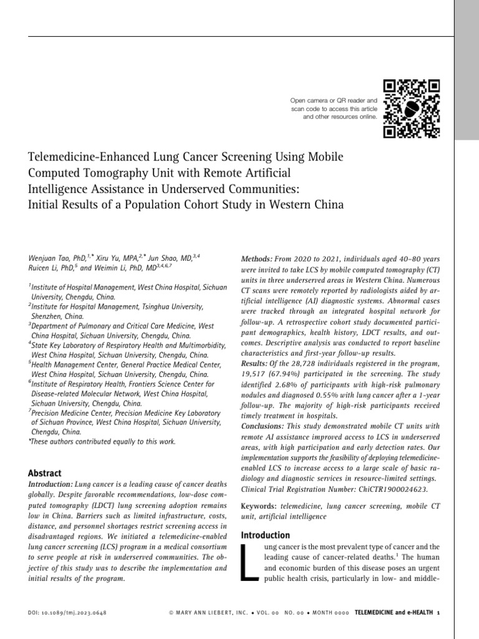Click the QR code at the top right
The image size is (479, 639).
(411, 109)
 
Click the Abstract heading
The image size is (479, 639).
(45, 474)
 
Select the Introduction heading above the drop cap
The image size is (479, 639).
(265, 535)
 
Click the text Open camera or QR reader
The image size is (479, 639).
(334, 100)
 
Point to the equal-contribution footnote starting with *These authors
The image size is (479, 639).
(102, 442)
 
